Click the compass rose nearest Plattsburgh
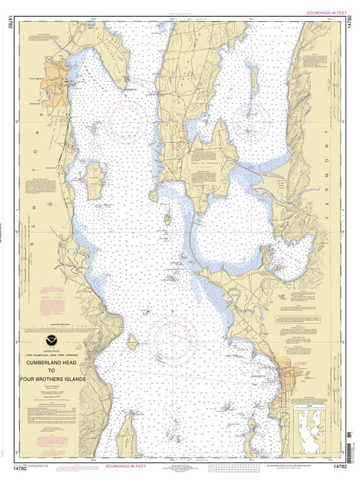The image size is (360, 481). tap(124, 117)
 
